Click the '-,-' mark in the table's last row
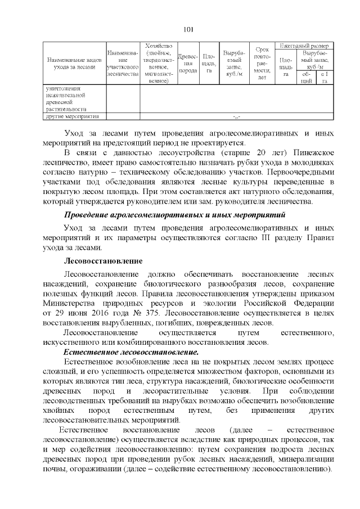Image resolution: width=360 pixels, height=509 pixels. [236, 117]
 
